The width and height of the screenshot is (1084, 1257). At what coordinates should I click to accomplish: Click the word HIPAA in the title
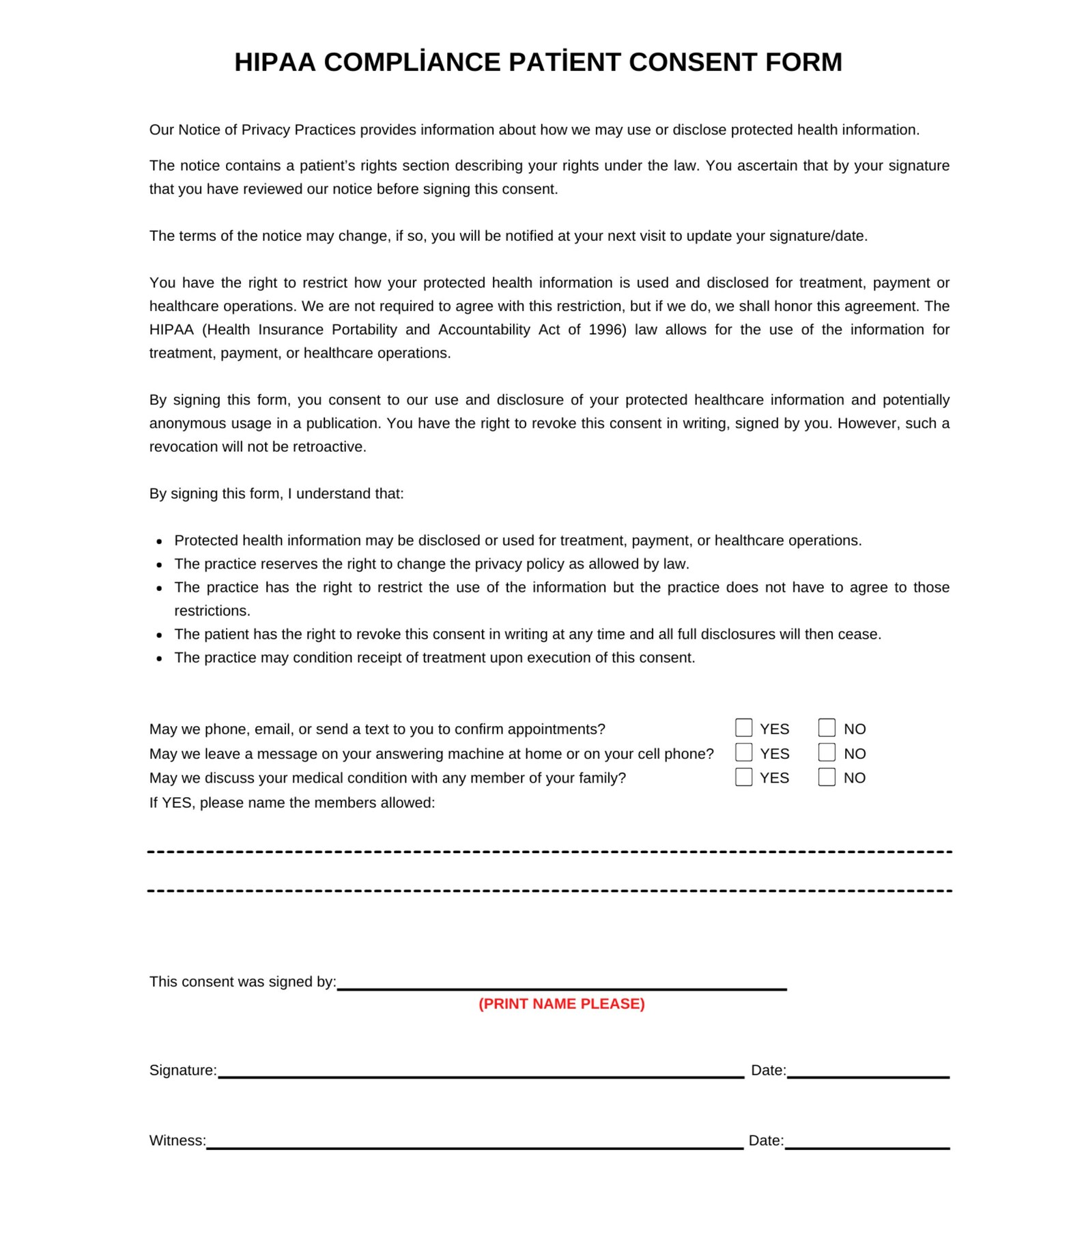click(275, 63)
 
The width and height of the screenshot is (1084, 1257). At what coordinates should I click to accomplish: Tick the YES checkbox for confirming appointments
click(743, 727)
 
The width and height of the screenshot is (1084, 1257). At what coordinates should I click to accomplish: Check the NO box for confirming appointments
click(827, 727)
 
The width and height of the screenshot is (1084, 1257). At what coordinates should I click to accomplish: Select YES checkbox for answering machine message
click(743, 752)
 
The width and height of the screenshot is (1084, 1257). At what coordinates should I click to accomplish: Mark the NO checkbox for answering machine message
click(827, 752)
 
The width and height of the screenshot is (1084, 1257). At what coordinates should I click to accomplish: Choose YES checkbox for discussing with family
click(743, 777)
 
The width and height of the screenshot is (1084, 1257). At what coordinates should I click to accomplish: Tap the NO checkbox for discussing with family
click(827, 777)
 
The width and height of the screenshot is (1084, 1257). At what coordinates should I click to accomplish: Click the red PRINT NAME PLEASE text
click(561, 1004)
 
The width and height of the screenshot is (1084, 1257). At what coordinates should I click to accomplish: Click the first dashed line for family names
click(550, 852)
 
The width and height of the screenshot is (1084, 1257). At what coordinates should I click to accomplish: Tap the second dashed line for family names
click(550, 891)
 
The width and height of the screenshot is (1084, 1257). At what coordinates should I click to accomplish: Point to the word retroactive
click(329, 447)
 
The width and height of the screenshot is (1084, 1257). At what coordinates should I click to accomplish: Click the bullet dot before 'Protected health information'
click(159, 542)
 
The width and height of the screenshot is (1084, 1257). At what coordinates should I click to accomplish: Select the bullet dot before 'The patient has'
click(159, 635)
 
